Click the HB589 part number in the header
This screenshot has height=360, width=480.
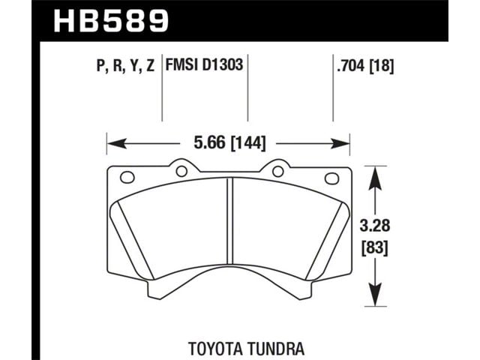111,20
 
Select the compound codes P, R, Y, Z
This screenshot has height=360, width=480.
126,65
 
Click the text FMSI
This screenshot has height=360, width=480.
181,64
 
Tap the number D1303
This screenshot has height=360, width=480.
222,64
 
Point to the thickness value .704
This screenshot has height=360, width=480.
351,65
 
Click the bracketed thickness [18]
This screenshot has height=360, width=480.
382,65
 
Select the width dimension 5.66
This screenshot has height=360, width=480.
209,142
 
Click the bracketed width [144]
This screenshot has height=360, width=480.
247,142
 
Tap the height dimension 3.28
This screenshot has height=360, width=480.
375,226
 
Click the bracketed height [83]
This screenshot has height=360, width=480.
375,247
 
